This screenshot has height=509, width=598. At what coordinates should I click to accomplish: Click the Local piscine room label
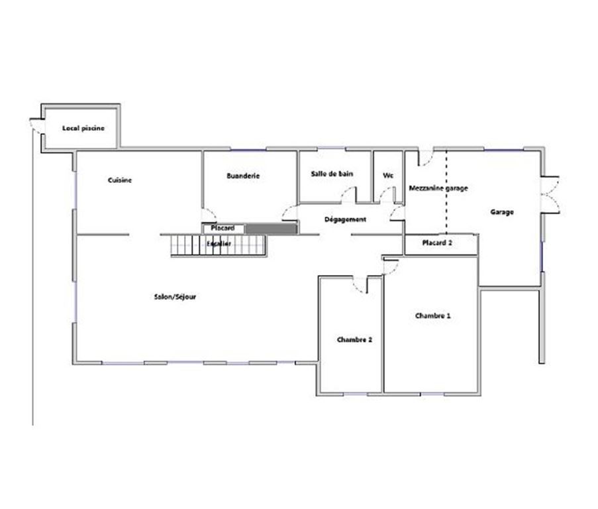tap(83, 128)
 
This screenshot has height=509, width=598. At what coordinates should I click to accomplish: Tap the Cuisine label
tap(120, 180)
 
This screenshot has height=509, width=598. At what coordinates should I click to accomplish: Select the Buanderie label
tap(243, 176)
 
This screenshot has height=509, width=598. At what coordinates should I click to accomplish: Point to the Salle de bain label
tap(332, 174)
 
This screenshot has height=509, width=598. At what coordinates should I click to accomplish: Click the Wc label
tap(388, 176)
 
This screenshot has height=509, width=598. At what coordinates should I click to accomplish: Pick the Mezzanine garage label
tap(438, 188)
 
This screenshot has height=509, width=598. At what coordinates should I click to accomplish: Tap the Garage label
tap(502, 212)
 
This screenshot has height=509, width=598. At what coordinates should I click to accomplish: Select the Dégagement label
tap(345, 219)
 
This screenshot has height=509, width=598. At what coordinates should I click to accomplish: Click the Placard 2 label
tap(437, 243)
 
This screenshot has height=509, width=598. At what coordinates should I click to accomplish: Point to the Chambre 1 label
tap(433, 315)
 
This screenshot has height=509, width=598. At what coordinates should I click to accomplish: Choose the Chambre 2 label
tap(354, 339)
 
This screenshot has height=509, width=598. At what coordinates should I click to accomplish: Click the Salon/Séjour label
tap(175, 296)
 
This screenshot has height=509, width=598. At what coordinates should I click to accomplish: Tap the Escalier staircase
tap(218, 245)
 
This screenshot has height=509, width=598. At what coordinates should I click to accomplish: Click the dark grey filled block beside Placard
tap(271, 229)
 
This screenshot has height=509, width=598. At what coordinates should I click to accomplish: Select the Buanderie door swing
tap(209, 215)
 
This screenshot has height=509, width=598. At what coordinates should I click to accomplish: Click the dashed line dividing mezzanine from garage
tap(446, 192)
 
